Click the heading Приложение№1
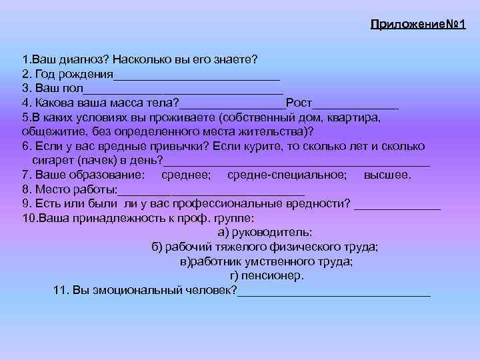pyautogui.click(x=418, y=24)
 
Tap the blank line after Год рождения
pyautogui.click(x=196, y=75)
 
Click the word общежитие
pyautogui.click(x=50, y=132)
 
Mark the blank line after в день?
pyautogui.click(x=297, y=163)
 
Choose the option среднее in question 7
pyautogui.click(x=187, y=175)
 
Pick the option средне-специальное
pyautogui.click(x=287, y=175)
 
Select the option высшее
pyautogui.click(x=387, y=175)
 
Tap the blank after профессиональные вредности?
pyautogui.click(x=397, y=207)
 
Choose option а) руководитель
pyautogui.click(x=265, y=233)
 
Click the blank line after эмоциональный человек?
pyautogui.click(x=334, y=293)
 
